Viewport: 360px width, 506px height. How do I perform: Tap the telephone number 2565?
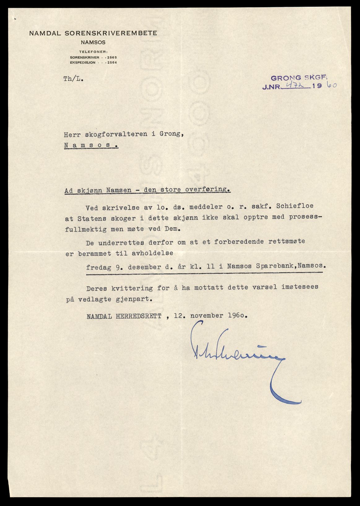112,58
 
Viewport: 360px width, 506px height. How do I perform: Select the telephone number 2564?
112,62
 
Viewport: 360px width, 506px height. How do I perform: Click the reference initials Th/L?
73,79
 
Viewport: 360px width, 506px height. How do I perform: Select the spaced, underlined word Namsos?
91,145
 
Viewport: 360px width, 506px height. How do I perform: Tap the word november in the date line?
207,316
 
